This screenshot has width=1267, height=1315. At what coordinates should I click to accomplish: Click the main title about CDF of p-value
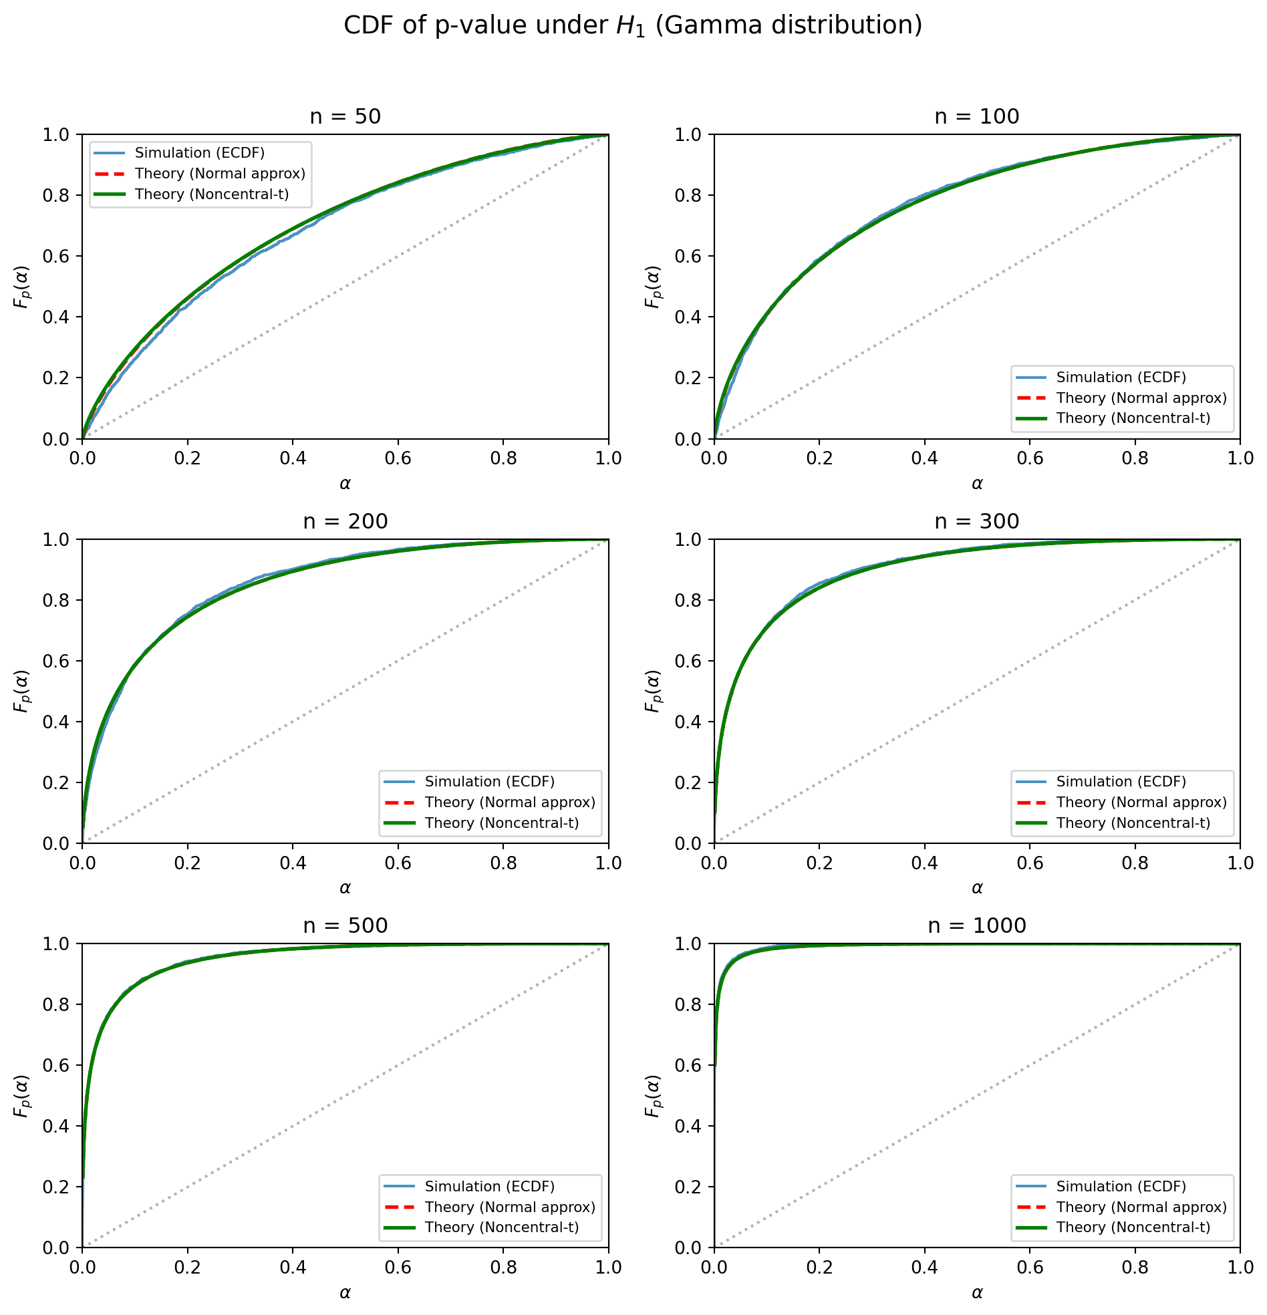633,25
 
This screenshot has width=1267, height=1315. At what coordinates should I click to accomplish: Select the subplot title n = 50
345,117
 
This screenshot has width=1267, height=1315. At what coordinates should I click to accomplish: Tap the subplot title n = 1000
976,926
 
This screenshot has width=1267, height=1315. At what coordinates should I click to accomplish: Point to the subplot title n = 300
976,521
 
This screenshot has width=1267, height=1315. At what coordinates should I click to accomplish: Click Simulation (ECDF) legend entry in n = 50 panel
199,153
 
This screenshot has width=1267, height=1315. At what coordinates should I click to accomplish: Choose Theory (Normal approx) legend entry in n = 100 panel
1141,398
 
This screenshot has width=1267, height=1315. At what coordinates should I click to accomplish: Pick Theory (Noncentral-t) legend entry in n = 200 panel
501,823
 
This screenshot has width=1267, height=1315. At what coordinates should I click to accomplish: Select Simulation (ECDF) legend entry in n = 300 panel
1121,782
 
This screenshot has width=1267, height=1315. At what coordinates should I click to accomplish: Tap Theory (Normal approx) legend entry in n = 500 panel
509,1207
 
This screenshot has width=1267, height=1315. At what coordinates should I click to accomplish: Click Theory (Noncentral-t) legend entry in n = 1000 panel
1133,1227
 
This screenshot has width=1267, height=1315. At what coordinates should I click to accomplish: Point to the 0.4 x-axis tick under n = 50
293,458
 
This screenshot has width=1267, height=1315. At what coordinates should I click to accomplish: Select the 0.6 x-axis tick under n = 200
398,863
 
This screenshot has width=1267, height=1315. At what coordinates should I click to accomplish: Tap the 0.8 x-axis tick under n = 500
503,1268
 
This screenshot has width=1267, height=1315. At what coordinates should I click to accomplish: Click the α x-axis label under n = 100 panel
976,484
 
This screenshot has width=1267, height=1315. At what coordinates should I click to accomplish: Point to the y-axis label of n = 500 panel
21,1096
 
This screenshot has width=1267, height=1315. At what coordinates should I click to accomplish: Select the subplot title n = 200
345,521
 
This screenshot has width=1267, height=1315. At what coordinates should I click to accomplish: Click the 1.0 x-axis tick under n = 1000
1240,1268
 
